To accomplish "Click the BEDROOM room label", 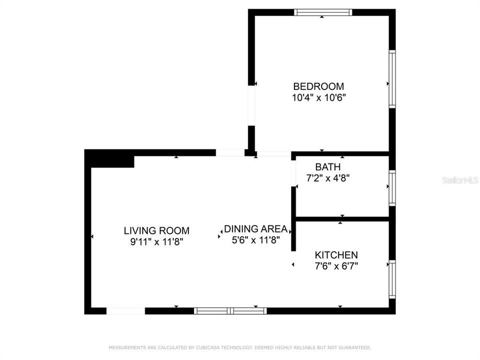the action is click(318, 86).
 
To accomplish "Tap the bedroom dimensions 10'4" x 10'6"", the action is click(318, 97).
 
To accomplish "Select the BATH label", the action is click(328, 167).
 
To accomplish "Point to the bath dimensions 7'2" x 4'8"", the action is click(328, 178).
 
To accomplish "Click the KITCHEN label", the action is click(336, 255).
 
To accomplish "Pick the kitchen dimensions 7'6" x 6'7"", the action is click(336, 266).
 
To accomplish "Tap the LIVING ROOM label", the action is click(156, 230).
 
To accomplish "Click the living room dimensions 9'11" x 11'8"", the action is click(156, 242).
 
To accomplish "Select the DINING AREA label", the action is click(255, 228).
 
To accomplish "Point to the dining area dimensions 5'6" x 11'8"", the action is click(255, 240).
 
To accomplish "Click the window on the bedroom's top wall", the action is click(323, 12).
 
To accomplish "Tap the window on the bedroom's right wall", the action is click(392, 79).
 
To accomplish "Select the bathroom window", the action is click(392, 188).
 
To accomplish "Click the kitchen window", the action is click(392, 279).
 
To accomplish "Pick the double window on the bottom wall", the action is click(230, 311).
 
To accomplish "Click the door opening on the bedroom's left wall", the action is click(251, 105).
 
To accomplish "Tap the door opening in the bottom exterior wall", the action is click(125, 310).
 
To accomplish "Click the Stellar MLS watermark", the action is click(460, 180).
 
